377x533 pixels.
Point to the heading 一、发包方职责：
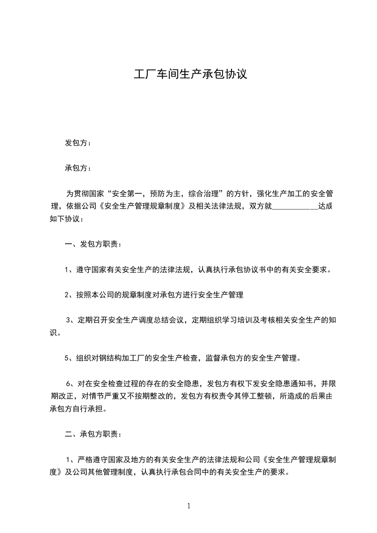point(93,244)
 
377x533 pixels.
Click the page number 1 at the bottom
point(189,506)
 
